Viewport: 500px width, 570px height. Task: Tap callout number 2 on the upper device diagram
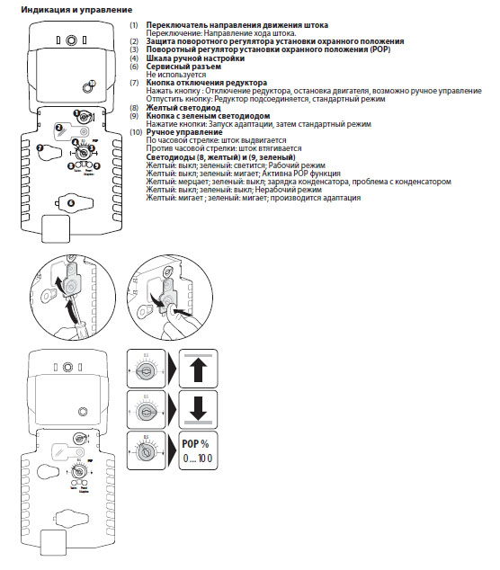[58, 129]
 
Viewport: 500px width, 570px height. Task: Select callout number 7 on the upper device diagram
[40, 147]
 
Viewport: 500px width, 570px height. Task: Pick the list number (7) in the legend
[134, 82]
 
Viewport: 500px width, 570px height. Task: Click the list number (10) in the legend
[135, 131]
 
